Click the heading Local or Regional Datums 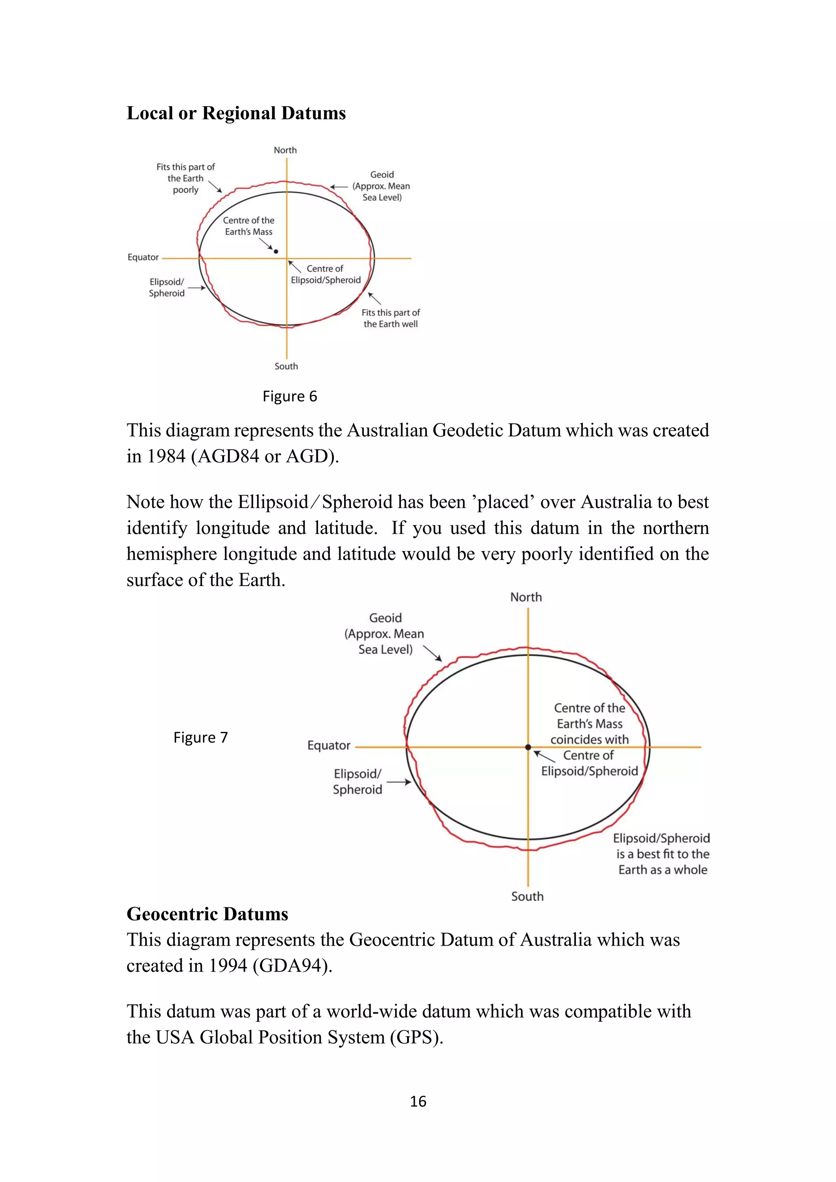[236, 113]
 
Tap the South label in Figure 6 [286, 366]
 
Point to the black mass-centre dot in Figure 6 [276, 251]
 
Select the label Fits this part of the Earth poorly [185, 178]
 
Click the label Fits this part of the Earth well [390, 318]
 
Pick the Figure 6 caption [289, 396]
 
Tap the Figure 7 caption [200, 737]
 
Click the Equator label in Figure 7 [329, 745]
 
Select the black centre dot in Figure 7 [528, 747]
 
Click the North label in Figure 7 [526, 597]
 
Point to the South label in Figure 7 [527, 896]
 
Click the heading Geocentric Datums [207, 914]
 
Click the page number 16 [418, 1101]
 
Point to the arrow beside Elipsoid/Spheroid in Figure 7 [398, 782]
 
